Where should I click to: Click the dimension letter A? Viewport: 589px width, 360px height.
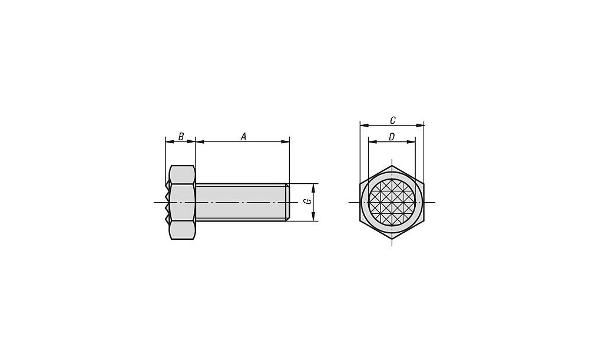243,137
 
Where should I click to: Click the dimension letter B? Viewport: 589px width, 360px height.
181,137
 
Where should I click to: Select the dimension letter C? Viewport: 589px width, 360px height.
392,120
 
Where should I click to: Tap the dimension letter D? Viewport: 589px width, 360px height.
392,137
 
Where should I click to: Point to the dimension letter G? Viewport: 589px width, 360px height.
308,202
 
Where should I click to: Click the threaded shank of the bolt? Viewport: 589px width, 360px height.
242,202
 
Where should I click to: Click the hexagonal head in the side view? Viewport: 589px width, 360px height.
182,202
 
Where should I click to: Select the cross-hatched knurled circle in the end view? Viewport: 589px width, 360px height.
392,202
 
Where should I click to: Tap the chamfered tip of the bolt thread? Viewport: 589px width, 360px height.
288,202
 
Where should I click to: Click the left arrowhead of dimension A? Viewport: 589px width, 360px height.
200,141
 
